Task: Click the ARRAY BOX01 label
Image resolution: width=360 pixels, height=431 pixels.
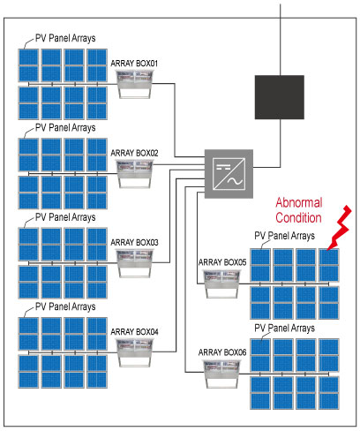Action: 134,64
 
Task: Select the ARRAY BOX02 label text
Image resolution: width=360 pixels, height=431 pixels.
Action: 134,153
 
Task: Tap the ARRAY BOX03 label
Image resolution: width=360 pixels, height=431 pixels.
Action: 134,242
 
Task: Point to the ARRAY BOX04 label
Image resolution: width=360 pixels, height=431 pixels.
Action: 134,332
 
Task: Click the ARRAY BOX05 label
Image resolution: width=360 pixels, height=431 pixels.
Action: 222,262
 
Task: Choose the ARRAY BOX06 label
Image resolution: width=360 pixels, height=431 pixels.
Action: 222,352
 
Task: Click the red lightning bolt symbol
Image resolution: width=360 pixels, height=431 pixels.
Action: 340,228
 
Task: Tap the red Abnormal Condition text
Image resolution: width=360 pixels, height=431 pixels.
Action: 298,210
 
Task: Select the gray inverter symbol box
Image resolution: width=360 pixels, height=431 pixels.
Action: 229,174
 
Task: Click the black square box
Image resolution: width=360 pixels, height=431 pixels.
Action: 280,97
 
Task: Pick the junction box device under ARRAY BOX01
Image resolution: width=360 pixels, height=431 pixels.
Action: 135,84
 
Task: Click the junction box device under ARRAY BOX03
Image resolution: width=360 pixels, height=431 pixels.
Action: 135,263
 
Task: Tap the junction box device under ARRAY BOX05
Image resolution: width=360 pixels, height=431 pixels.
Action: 221,284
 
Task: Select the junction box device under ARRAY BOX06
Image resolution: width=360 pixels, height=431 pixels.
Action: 221,374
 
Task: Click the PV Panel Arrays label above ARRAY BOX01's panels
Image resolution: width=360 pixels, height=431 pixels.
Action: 65,38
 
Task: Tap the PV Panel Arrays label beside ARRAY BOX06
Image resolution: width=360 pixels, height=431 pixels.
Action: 284,328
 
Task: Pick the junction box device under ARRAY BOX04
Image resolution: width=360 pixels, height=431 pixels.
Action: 135,352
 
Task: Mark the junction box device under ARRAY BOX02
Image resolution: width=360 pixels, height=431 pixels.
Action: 135,174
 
